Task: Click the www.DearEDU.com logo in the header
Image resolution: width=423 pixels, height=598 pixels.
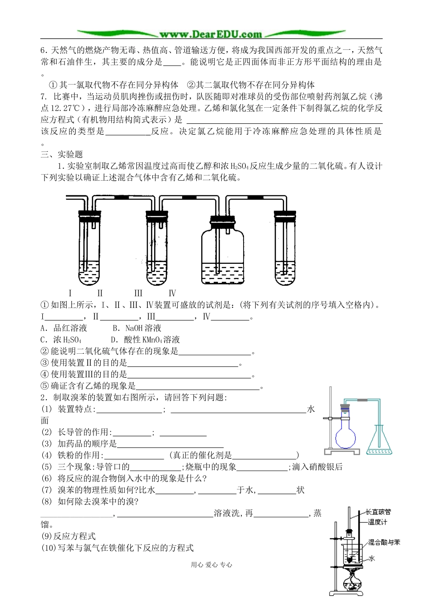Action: click(x=211, y=34)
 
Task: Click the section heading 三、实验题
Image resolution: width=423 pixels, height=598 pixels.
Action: click(x=62, y=154)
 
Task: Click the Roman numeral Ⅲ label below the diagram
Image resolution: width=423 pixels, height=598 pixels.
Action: click(x=138, y=293)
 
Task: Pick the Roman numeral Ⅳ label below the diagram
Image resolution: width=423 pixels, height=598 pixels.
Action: click(x=172, y=293)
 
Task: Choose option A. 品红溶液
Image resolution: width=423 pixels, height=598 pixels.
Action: click(x=64, y=328)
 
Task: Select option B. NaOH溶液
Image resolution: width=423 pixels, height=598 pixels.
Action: click(x=137, y=328)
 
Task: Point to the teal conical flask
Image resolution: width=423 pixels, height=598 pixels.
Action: click(x=379, y=443)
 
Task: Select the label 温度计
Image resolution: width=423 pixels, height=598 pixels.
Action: click(x=377, y=522)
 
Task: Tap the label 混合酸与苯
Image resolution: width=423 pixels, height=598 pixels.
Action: click(x=384, y=542)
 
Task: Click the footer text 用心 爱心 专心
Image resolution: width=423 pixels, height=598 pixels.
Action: click(x=211, y=565)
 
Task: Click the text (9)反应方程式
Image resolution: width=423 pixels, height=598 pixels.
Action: click(x=69, y=537)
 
